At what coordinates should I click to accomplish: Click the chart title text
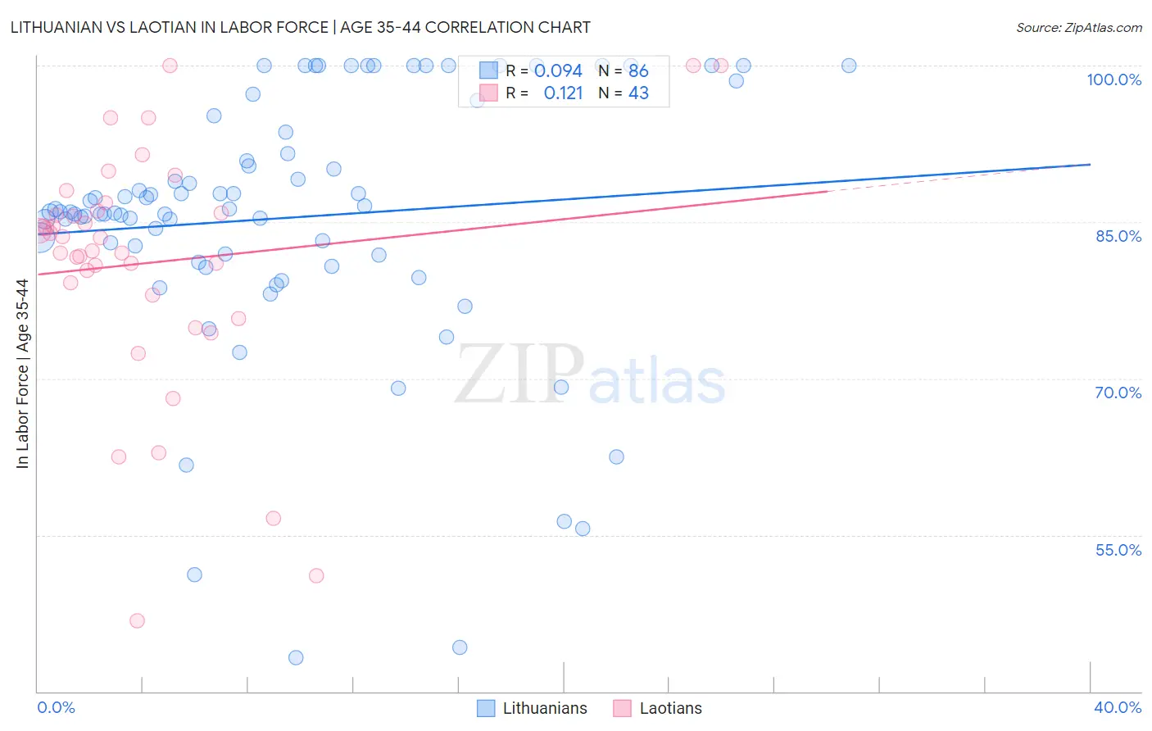click(300, 27)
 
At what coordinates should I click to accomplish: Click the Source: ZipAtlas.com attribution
click(1078, 27)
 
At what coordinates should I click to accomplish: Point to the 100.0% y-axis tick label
click(1113, 79)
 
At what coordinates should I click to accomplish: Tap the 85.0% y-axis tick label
click(1118, 236)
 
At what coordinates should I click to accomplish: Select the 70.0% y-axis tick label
click(1118, 393)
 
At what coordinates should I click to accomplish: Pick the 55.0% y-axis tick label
click(1118, 550)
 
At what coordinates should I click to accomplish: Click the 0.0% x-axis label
click(56, 707)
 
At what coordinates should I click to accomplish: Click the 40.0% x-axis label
click(1117, 707)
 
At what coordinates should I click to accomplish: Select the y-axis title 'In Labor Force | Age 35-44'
click(22, 374)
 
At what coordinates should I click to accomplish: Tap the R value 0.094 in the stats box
click(558, 71)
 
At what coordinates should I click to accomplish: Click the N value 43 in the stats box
click(638, 93)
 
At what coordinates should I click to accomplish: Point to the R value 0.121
click(563, 93)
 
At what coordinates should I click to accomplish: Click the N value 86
click(638, 71)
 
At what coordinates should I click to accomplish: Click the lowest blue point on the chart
click(296, 657)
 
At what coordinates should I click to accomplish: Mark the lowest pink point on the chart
click(137, 620)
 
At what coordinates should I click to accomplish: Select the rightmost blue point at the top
click(849, 66)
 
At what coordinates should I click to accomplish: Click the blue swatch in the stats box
click(488, 70)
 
